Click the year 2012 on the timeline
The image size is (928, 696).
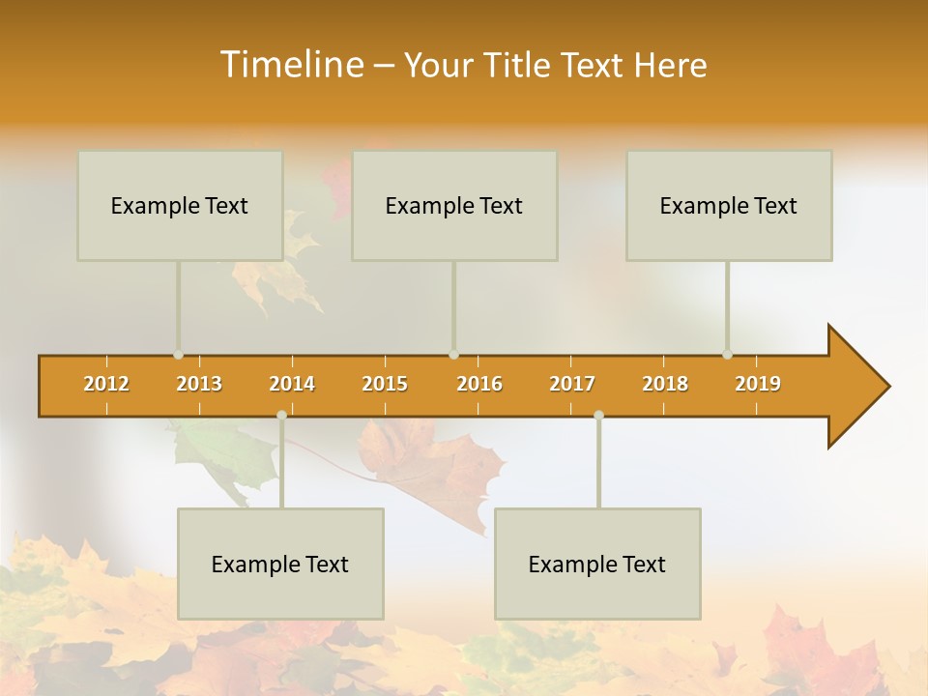[x=106, y=384]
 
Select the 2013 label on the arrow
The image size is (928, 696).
[x=199, y=384]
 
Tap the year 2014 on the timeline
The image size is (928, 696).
[x=292, y=384]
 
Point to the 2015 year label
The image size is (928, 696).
[x=385, y=384]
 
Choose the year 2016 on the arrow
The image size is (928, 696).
[x=479, y=384]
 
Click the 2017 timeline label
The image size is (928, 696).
[x=572, y=384]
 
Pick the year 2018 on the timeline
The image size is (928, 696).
[x=665, y=384]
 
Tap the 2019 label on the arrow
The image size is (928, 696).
[x=758, y=384]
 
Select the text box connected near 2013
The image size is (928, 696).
[x=180, y=205]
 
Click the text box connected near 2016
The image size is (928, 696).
[x=454, y=205]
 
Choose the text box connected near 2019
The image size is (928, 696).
[x=729, y=205]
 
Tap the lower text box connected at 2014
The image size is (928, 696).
[x=280, y=564]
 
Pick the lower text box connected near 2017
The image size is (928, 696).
[x=597, y=564]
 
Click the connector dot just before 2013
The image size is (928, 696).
[x=178, y=355]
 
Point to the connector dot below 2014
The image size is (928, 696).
[x=281, y=416]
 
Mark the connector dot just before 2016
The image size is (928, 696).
[x=453, y=355]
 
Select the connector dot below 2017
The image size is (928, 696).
[x=598, y=416]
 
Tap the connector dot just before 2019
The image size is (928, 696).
[x=727, y=355]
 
